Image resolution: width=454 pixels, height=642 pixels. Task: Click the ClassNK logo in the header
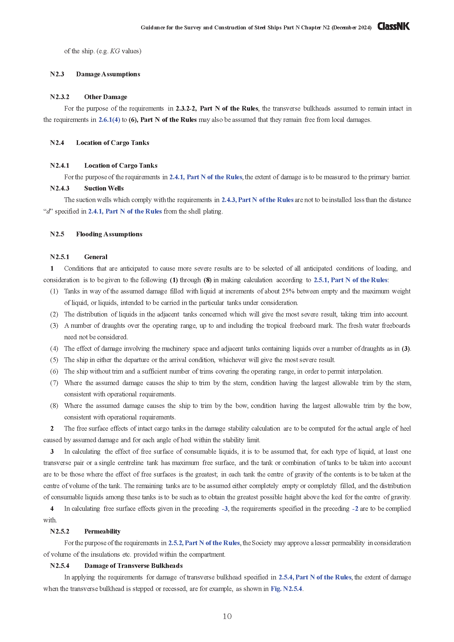coord(393,26)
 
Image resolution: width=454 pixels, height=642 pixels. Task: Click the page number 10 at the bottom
coord(227,616)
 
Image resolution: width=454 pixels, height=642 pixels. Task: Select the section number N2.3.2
coord(60,97)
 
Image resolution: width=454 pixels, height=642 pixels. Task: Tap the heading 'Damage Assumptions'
coord(108,74)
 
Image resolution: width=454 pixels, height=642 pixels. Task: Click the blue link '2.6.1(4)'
coord(109,120)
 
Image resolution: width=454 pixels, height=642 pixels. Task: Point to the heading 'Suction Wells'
coord(104,188)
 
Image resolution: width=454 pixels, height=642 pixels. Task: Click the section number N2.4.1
coord(60,166)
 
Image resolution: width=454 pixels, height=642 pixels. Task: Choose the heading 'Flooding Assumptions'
coord(109,234)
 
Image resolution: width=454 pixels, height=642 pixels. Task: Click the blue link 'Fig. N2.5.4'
coord(286,588)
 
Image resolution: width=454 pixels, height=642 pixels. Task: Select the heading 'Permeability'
coord(102,531)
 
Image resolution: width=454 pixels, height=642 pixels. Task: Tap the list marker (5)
coord(54,360)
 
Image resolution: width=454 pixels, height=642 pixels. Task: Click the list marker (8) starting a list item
coord(54,406)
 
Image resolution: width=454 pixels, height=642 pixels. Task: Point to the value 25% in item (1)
coord(288,291)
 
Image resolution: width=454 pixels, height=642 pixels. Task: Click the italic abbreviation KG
coord(115,51)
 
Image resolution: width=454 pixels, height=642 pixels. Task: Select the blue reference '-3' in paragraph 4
coord(225,509)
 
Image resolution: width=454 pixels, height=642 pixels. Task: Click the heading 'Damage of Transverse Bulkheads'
coord(133,566)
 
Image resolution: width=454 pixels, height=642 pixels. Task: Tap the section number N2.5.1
coord(60,257)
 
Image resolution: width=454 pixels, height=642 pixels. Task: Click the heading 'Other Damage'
coord(106,97)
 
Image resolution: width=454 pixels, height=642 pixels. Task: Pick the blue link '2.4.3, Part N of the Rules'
coord(257,200)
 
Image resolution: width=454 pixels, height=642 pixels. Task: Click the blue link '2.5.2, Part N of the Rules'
coord(204,543)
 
